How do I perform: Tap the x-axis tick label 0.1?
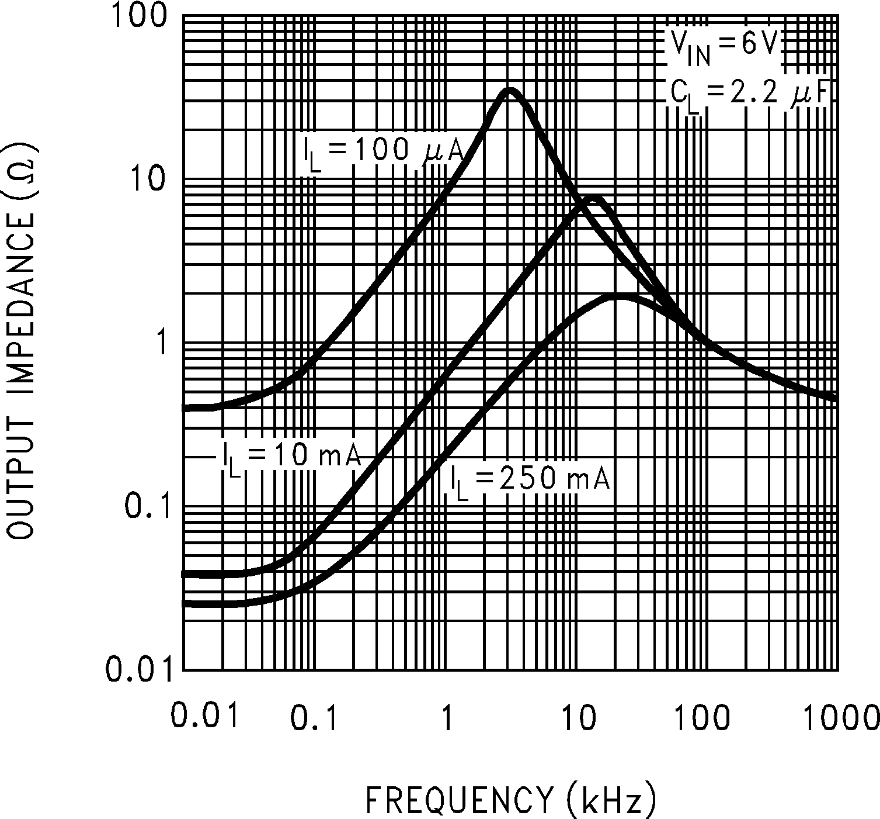(x=315, y=718)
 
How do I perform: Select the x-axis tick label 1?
(x=447, y=718)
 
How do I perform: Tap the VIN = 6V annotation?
(x=723, y=47)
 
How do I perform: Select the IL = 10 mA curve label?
(x=291, y=456)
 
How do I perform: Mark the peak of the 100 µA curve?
(x=509, y=91)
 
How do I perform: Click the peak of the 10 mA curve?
(x=593, y=198)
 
